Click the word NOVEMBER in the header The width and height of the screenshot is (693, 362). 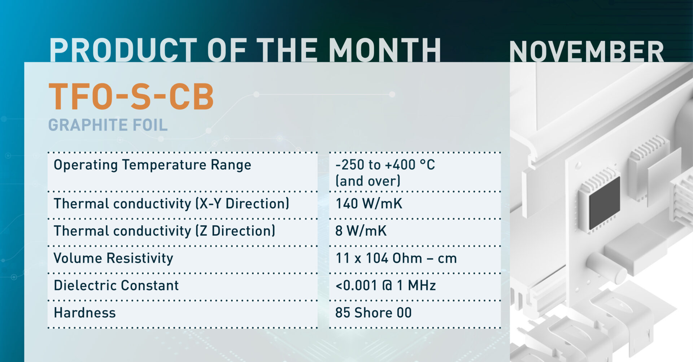587,51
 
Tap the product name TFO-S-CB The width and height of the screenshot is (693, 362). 131,96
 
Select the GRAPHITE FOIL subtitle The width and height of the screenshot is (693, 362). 108,125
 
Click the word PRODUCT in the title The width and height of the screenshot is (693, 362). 123,50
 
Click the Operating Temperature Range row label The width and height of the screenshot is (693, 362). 152,165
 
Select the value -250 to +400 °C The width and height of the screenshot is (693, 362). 385,165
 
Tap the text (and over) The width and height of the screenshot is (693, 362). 368,181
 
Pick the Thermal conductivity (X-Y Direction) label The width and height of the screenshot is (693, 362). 171,204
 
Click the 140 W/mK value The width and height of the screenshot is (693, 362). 369,204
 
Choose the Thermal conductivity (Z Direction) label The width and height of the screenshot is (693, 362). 164,231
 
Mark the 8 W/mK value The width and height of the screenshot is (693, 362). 361,231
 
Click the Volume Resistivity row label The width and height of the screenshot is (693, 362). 113,258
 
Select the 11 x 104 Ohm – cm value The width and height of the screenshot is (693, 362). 396,258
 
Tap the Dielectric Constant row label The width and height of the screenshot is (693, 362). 116,285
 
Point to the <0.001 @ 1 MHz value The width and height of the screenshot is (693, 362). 385,285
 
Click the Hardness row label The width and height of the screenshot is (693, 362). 85,313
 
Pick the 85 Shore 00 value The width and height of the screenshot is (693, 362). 373,313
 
